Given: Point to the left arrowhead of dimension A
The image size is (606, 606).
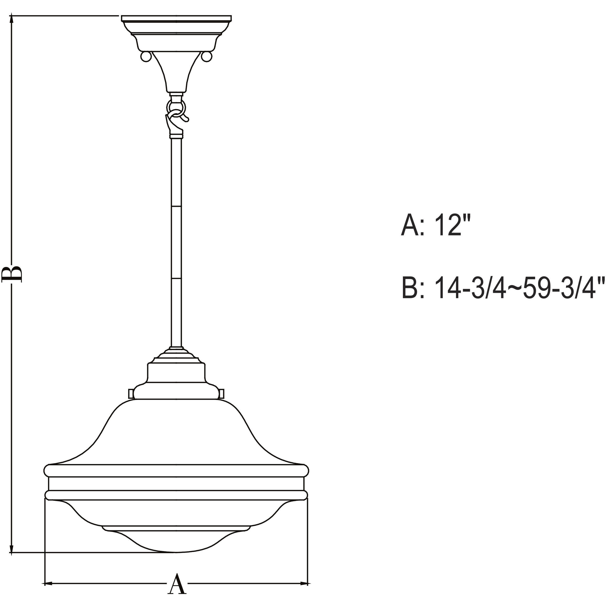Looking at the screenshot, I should pos(47,584).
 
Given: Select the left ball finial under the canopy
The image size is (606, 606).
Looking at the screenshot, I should pos(146,56).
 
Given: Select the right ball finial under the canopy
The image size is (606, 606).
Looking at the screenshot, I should pos(206,56).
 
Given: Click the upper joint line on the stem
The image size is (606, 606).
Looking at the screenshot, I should pos(176,206).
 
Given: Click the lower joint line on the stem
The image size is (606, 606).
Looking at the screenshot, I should pos(176,278).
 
